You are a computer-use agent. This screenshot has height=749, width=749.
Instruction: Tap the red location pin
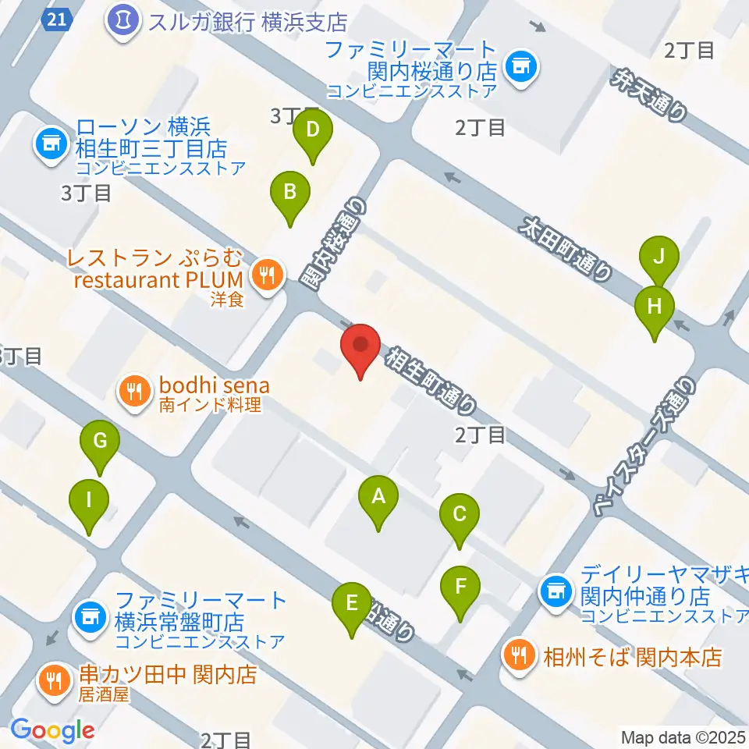pos(360,348)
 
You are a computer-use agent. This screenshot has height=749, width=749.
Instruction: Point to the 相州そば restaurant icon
pos(518,654)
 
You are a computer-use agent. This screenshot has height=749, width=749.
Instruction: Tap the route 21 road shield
pos(54,18)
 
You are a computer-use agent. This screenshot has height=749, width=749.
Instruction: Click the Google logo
pos(52,730)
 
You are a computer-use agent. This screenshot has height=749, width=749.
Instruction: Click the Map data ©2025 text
pos(683,737)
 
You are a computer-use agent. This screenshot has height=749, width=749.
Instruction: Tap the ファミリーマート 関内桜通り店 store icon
pos(518,65)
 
